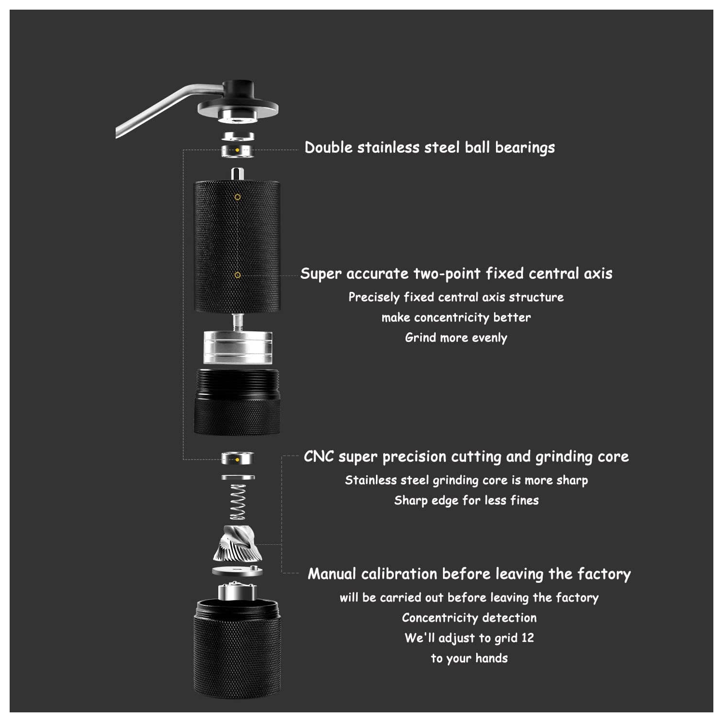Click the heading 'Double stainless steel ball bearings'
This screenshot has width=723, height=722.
pos(429,147)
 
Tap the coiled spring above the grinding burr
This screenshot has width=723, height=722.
pos(238,501)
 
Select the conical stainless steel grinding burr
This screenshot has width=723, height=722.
pos(238,544)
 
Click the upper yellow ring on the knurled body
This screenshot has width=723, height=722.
pos(238,197)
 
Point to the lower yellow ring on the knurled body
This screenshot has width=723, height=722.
pos(238,275)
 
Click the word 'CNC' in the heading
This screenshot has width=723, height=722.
pos(319,456)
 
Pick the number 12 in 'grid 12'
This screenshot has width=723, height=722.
pos(528,638)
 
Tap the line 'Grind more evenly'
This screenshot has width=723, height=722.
pos(456,338)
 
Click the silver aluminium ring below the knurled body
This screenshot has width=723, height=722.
pos(238,347)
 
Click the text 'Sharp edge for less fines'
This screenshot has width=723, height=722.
pos(466,500)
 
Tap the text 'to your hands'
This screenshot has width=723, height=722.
pos(469,658)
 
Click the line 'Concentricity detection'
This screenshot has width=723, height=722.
pos(469,617)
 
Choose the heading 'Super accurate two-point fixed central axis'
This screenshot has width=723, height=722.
pos(456,274)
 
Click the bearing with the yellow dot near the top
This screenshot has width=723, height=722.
pos(238,150)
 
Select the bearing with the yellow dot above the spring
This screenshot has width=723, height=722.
pos(238,458)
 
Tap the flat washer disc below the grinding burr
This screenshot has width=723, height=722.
pos(238,571)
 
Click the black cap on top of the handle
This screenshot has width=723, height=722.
pos(238,91)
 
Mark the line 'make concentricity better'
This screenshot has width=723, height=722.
pos(456,317)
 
